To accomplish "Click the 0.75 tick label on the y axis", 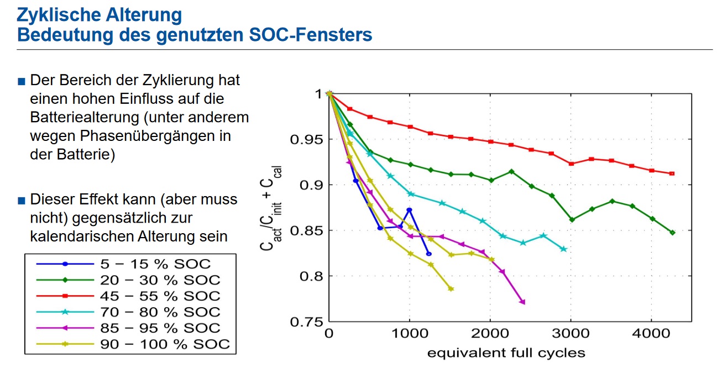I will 306,322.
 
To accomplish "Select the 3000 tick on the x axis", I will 571,334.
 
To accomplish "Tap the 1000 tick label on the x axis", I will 409,334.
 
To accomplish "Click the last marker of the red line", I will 672,174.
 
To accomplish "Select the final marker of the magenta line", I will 522,302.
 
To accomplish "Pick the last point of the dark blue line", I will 429,254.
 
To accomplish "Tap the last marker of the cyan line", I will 563,249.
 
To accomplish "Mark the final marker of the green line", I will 672,233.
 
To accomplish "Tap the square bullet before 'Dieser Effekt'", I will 22,200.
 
